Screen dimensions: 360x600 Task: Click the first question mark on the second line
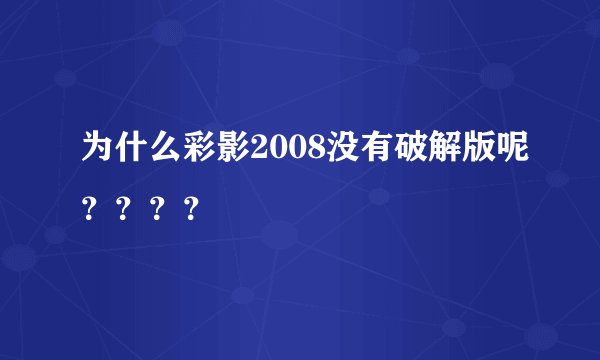click(91, 210)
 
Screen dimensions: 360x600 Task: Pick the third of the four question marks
click(157, 210)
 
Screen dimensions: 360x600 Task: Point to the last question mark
click(191, 210)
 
